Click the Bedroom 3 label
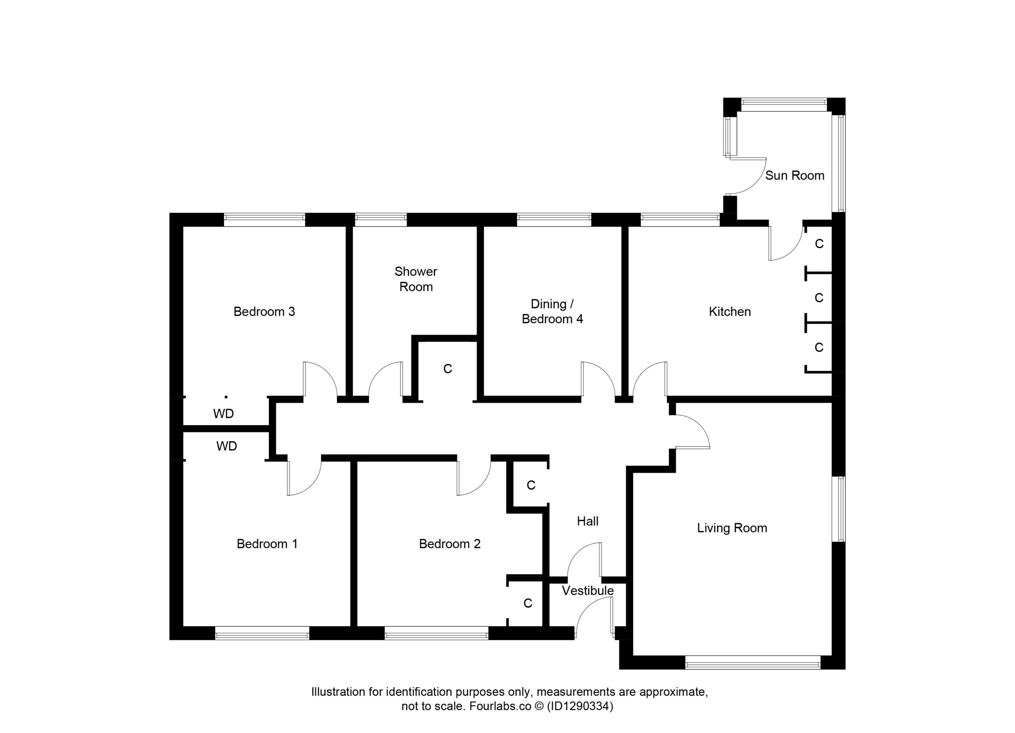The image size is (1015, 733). (264, 312)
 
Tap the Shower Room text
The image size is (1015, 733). (416, 279)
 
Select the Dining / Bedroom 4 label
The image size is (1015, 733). (552, 311)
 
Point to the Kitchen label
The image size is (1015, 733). (730, 312)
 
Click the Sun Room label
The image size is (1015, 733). (795, 175)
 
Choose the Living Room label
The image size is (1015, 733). (732, 528)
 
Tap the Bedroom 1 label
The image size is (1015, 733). (267, 544)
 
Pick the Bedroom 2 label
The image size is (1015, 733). (449, 544)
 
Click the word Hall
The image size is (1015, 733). (588, 521)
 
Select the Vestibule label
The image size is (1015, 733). (588, 591)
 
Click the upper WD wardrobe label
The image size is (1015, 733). (223, 413)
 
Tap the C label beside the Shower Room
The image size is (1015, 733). (448, 369)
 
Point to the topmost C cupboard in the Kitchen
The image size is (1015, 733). (820, 244)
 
